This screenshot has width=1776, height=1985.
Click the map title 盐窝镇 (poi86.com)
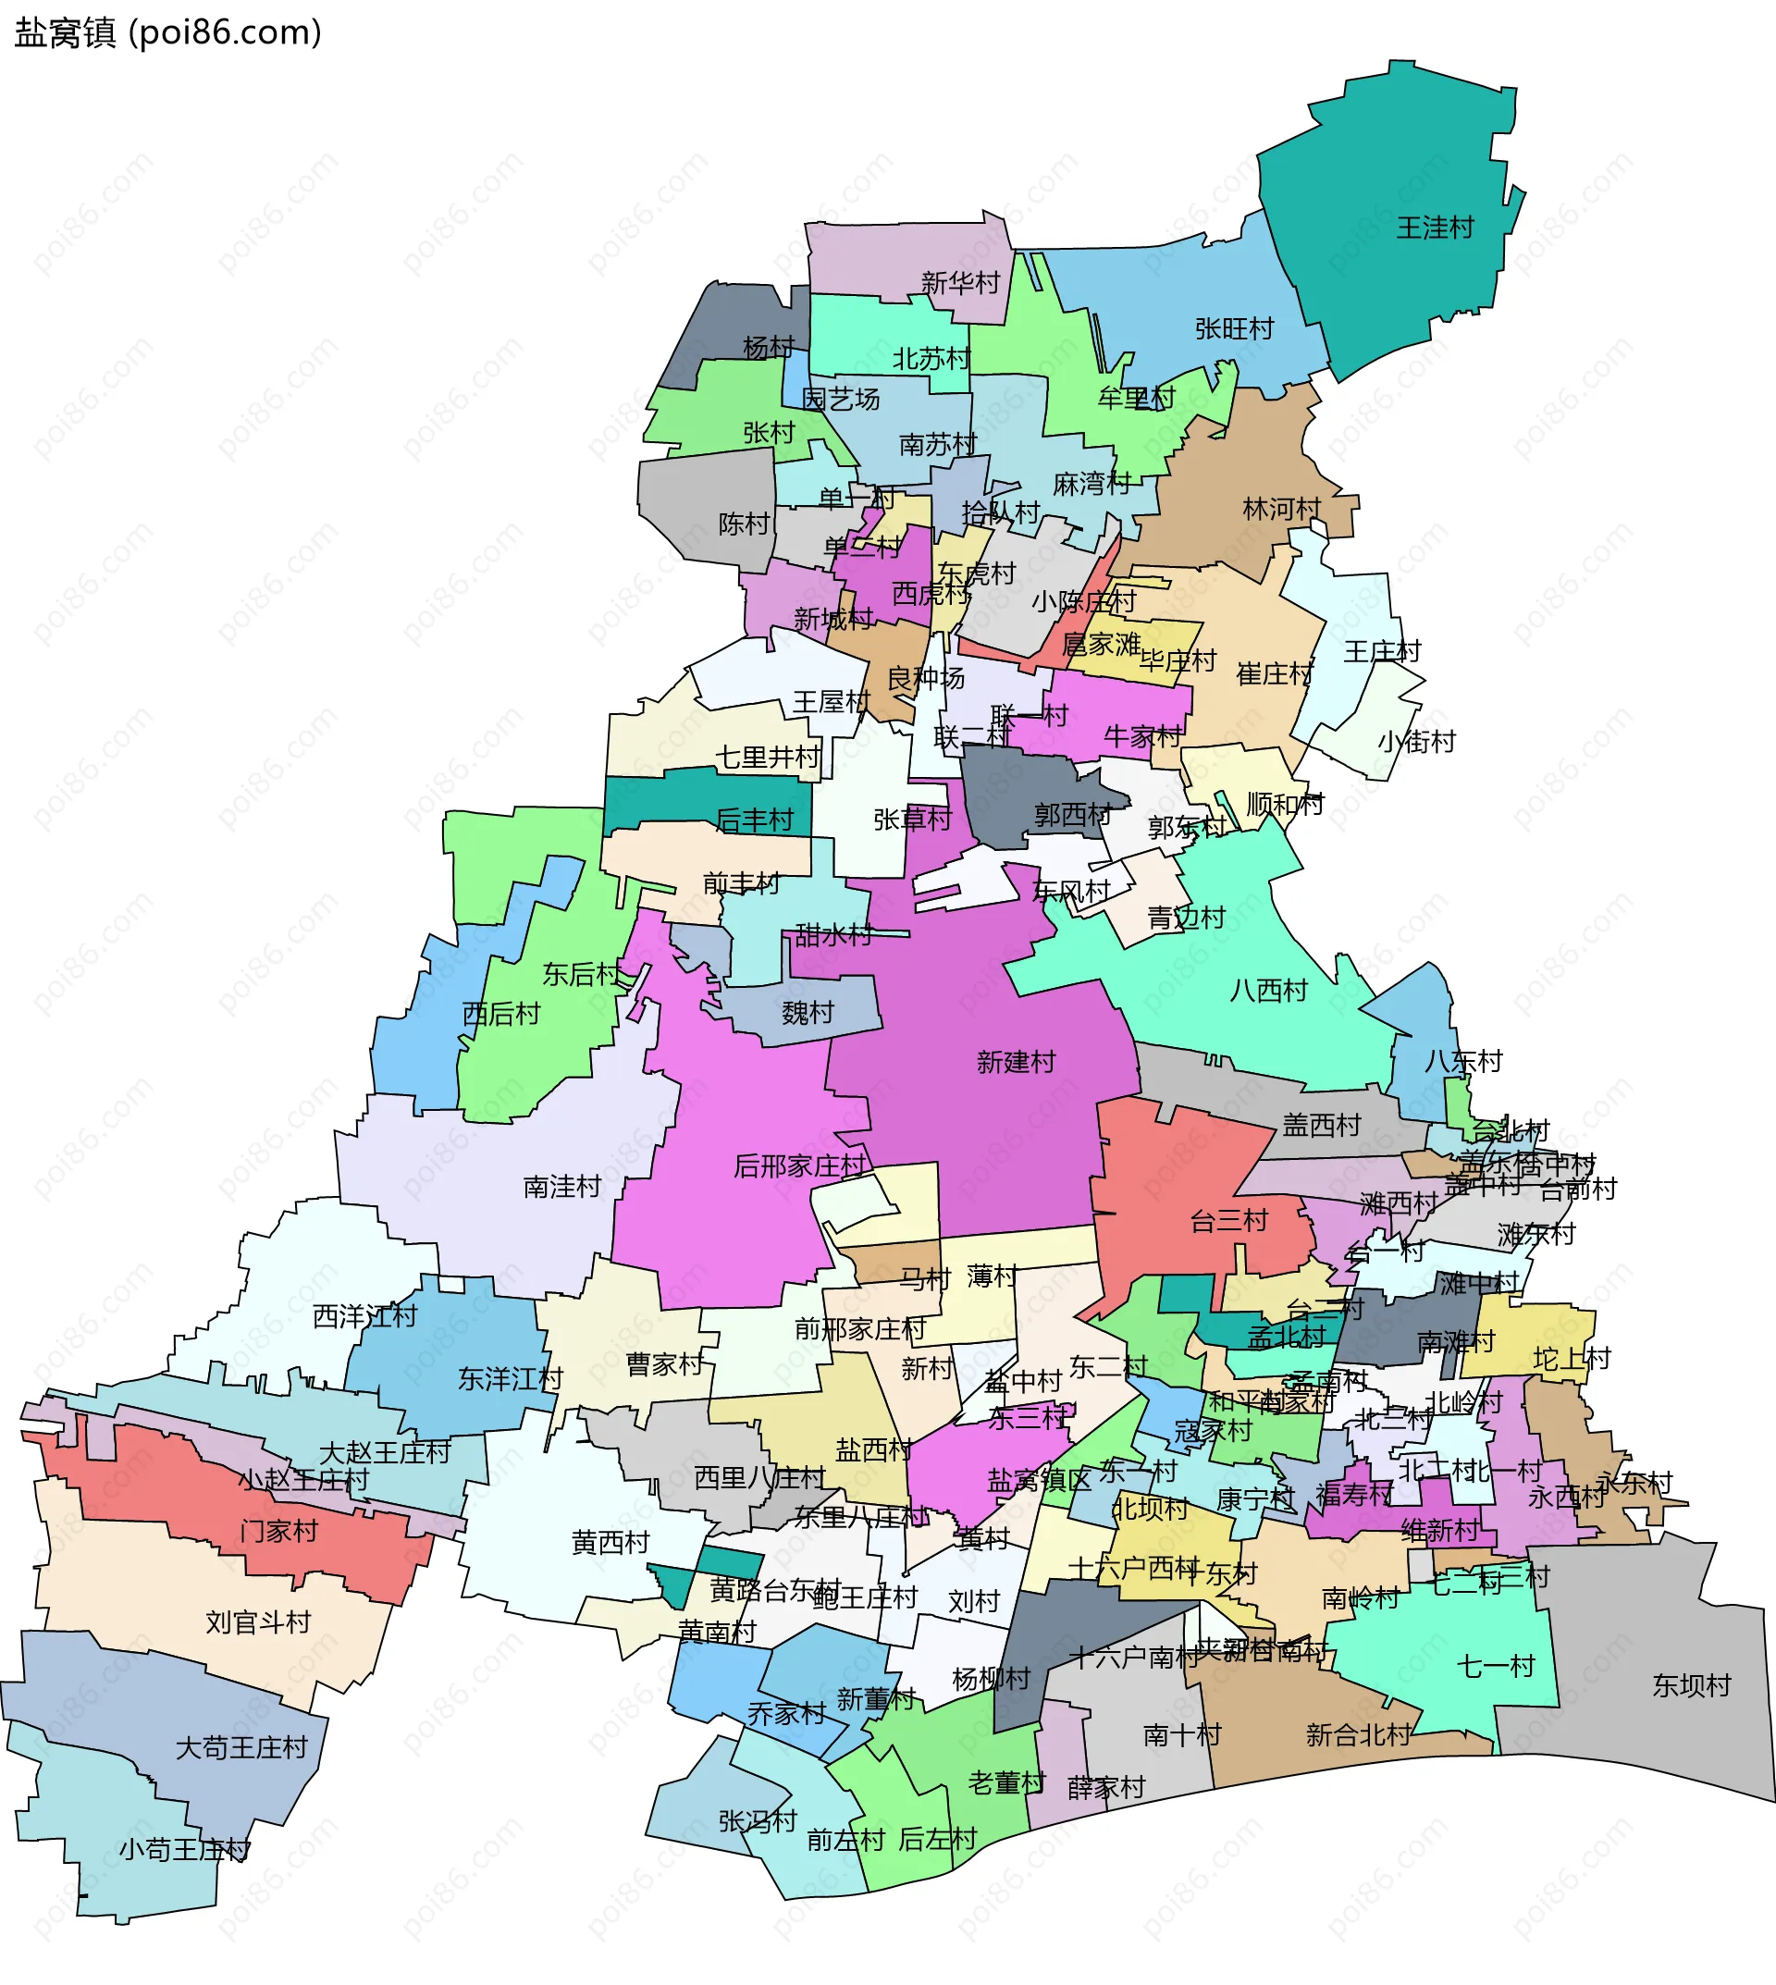[x=167, y=33]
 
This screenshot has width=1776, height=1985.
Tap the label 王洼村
[x=1435, y=228]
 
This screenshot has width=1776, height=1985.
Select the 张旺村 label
[x=1235, y=329]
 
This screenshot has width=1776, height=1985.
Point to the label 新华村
[x=960, y=283]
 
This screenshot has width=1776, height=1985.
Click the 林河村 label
[x=1281, y=510]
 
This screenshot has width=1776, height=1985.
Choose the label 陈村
[x=744, y=524]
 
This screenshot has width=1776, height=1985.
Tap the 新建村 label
[x=1016, y=1062]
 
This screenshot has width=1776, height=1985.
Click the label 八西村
[x=1267, y=991]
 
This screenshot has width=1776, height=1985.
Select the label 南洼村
[x=562, y=1187]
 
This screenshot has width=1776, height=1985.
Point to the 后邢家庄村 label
[x=799, y=1165]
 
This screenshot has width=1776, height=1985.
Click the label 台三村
[x=1228, y=1220]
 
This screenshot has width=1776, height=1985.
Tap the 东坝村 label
[x=1691, y=1685]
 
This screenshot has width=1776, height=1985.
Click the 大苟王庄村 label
[x=241, y=1748]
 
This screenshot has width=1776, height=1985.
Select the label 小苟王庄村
[x=184, y=1849]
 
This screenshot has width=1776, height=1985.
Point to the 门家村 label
[x=279, y=1531]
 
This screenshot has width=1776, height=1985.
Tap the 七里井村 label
[x=768, y=757]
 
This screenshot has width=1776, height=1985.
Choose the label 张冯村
[x=758, y=1821]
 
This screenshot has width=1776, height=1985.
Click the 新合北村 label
[x=1358, y=1734]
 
